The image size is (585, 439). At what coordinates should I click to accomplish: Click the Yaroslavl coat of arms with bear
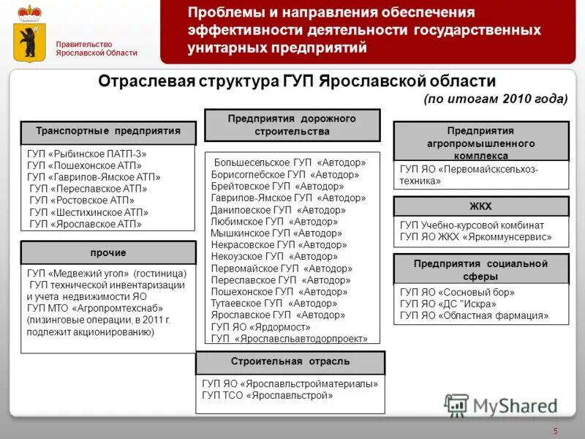pyautogui.click(x=29, y=34)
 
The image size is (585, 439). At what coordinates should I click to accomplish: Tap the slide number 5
pyautogui.click(x=555, y=429)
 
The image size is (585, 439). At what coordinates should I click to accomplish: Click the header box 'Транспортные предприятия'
pyautogui.click(x=108, y=131)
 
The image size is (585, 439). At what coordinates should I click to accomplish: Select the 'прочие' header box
pyautogui.click(x=108, y=252)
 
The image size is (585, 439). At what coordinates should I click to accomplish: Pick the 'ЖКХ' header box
pyautogui.click(x=480, y=206)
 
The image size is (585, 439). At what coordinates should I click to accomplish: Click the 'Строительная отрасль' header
pyautogui.click(x=290, y=362)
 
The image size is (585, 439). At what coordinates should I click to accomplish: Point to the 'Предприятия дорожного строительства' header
pyautogui.click(x=292, y=124)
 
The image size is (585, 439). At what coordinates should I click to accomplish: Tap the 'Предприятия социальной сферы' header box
pyautogui.click(x=480, y=269)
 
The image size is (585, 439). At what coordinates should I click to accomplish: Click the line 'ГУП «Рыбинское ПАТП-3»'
pyautogui.click(x=87, y=154)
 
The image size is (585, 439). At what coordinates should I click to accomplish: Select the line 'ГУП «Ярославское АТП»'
pyautogui.click(x=86, y=224)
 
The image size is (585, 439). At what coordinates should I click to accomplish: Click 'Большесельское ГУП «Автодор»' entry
pyautogui.click(x=290, y=162)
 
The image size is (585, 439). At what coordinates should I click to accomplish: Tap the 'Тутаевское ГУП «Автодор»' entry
pyautogui.click(x=274, y=303)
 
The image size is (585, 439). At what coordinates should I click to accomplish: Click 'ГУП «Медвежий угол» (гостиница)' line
pyautogui.click(x=107, y=274)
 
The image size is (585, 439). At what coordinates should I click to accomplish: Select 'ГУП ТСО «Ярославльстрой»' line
pyautogui.click(x=267, y=395)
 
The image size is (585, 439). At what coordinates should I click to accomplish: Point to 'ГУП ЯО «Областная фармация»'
pyautogui.click(x=474, y=315)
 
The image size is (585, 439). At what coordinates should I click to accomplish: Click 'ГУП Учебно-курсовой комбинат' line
pyautogui.click(x=472, y=225)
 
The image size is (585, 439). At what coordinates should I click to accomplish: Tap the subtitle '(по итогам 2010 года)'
pyautogui.click(x=495, y=99)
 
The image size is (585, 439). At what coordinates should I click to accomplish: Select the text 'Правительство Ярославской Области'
pyautogui.click(x=97, y=48)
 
